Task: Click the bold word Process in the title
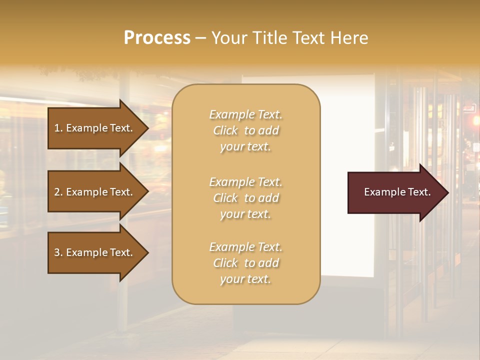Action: click(157, 38)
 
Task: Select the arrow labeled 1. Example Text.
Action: click(95, 128)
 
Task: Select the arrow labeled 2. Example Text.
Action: click(95, 192)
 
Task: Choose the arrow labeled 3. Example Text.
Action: click(95, 252)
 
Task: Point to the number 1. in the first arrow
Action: click(58, 128)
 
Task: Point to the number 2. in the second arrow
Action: click(58, 192)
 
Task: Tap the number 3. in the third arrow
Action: click(58, 252)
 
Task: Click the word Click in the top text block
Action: click(225, 130)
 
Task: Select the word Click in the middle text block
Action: click(225, 198)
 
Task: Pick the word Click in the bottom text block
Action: click(225, 263)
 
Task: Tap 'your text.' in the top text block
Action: click(245, 146)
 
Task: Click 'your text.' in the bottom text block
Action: click(245, 279)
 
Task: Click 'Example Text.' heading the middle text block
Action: click(245, 182)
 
